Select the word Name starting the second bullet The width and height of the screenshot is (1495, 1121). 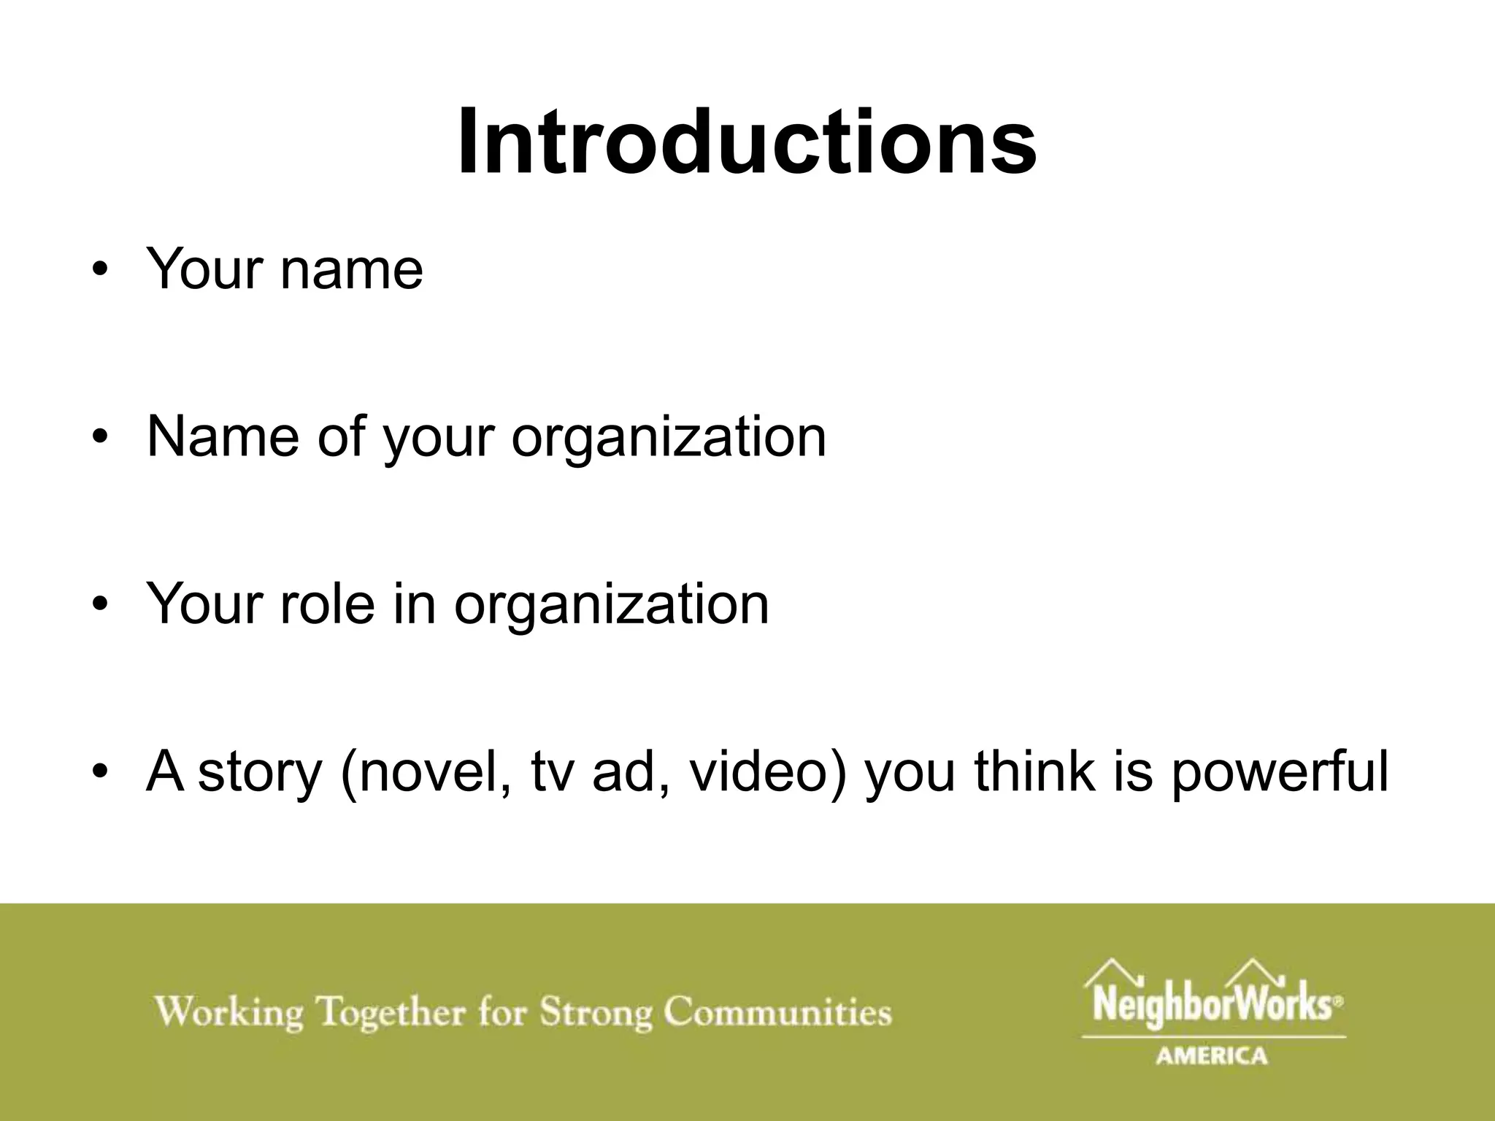[x=223, y=437]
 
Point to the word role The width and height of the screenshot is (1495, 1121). [x=326, y=604]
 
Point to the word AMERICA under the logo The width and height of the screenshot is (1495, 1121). [x=1212, y=1055]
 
